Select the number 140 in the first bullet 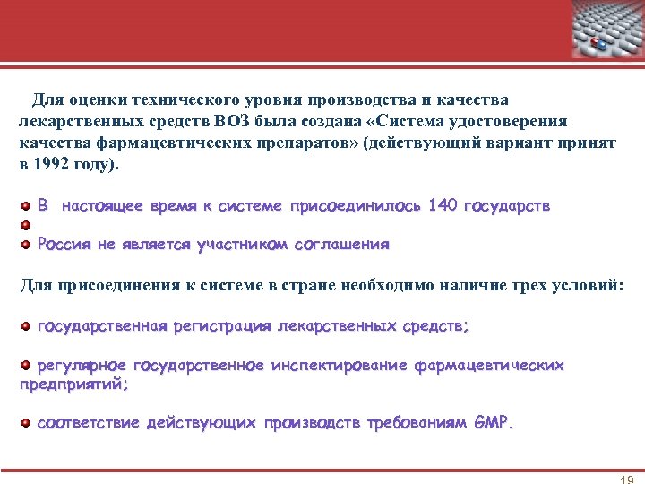[x=443, y=206]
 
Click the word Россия [x=64, y=244]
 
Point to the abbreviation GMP [x=494, y=422]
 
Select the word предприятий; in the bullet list [x=73, y=384]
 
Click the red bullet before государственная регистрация [x=26, y=326]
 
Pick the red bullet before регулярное [x=26, y=366]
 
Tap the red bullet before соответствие [x=26, y=422]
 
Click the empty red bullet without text [x=26, y=224]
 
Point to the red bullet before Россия [x=26, y=244]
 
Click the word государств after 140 [x=506, y=206]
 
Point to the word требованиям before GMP [x=417, y=422]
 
